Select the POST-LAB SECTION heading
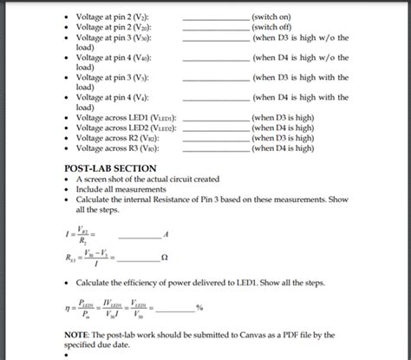(111, 167)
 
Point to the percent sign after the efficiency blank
(199, 308)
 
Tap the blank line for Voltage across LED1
(212, 116)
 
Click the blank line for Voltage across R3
(212, 147)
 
